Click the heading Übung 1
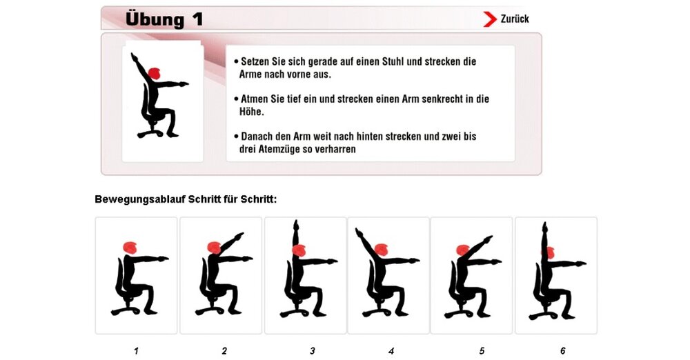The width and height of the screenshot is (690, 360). tap(164, 19)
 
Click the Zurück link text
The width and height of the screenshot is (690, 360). tap(515, 19)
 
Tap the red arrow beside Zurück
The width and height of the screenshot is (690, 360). tap(490, 19)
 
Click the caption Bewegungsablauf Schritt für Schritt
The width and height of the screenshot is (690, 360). tap(186, 200)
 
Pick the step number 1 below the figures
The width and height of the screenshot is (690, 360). tap(136, 351)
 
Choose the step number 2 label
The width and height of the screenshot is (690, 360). tap(224, 351)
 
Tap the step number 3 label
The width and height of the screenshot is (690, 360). tap(313, 351)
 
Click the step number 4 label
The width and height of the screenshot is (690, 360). tap(391, 351)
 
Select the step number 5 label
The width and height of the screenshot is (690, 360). tap(482, 351)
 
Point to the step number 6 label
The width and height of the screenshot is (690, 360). tap(562, 351)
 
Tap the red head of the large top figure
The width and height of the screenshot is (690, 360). tap(155, 72)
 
